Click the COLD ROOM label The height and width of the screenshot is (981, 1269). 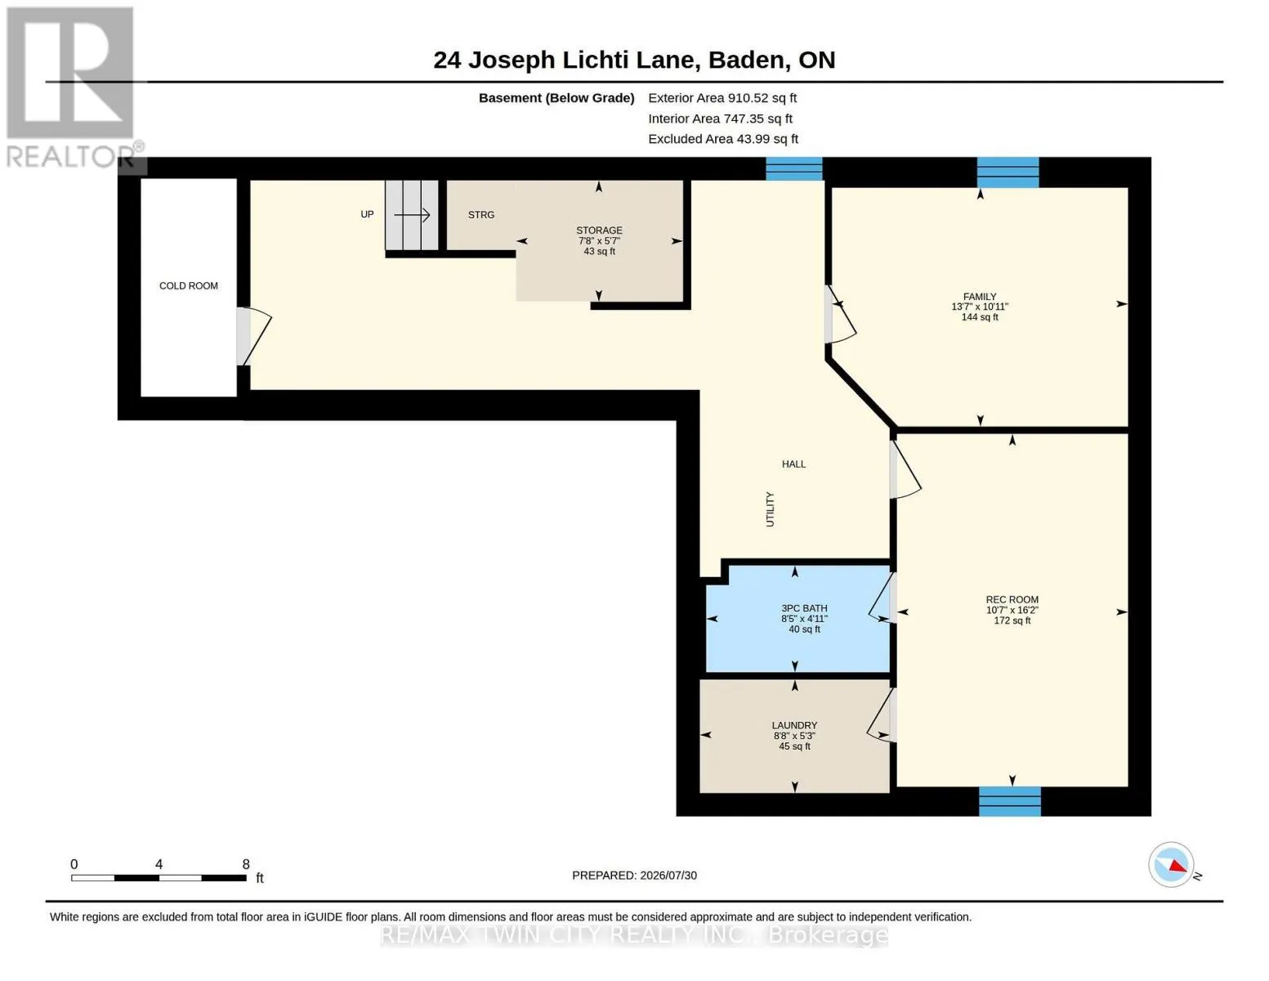point(188,285)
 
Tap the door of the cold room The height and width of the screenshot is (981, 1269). point(253,336)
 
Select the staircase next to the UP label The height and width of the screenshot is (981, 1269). point(411,215)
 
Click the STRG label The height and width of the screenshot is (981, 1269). point(480,215)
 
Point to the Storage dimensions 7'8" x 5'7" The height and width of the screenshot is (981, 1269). point(599,240)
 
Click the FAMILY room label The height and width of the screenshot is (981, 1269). point(980,297)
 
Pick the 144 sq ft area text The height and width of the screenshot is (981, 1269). point(980,317)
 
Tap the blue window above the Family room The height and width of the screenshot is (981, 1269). point(1008,172)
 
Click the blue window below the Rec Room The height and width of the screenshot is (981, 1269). point(1009,801)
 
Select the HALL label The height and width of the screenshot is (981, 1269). point(793,464)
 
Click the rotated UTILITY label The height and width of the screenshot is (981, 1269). point(770,509)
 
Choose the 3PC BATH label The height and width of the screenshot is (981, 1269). point(804,608)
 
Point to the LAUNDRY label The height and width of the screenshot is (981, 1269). point(794,725)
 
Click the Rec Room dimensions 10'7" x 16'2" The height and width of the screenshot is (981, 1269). point(1012,610)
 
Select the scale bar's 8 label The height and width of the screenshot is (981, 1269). point(246,864)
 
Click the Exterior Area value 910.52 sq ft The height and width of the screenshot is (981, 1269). point(762,98)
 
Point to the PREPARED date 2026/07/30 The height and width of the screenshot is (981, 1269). point(668,876)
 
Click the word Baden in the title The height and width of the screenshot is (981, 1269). point(746,60)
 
